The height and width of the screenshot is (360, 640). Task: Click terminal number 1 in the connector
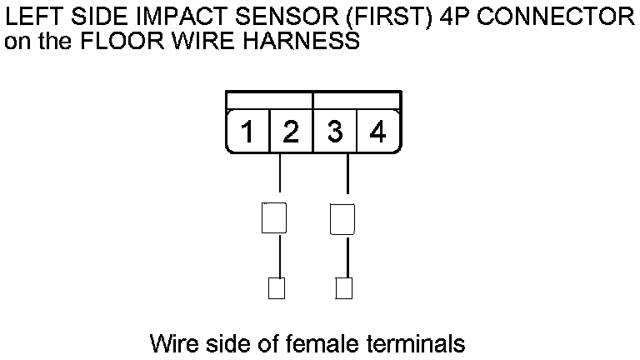(x=247, y=132)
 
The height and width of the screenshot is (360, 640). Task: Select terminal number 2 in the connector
(x=290, y=132)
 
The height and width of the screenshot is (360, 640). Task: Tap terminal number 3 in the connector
(x=335, y=132)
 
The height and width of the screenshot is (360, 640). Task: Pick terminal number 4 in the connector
(x=377, y=132)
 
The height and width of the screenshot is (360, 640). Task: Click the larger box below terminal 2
(x=274, y=218)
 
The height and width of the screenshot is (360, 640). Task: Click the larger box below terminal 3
(x=342, y=218)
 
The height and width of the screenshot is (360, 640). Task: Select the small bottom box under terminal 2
(x=276, y=288)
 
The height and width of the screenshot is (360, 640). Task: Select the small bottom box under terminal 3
(x=342, y=288)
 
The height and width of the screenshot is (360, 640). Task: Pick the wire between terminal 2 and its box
(x=279, y=177)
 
